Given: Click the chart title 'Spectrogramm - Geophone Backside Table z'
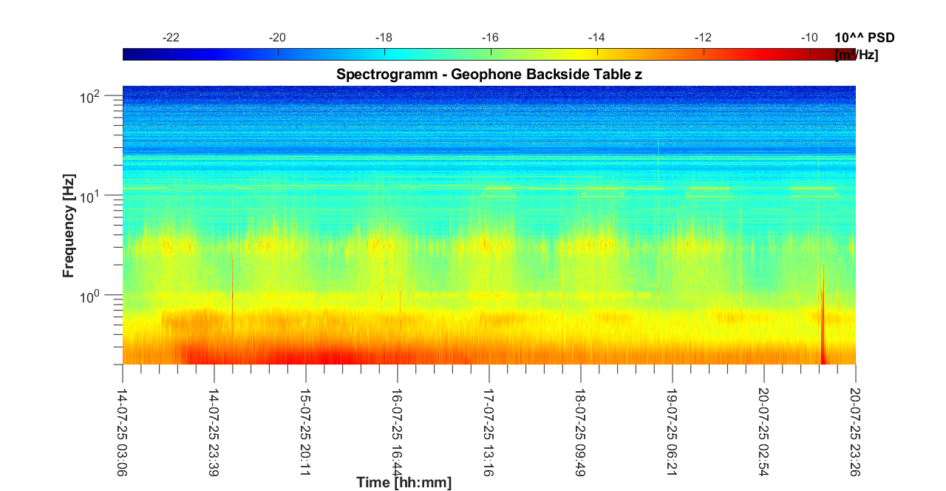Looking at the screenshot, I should tap(489, 74).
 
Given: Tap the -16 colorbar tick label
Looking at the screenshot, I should tap(490, 38).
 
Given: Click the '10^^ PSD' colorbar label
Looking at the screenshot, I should tap(869, 38).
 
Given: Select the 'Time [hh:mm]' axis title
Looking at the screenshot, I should tap(404, 483).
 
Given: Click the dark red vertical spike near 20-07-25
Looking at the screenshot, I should tap(823, 325).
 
